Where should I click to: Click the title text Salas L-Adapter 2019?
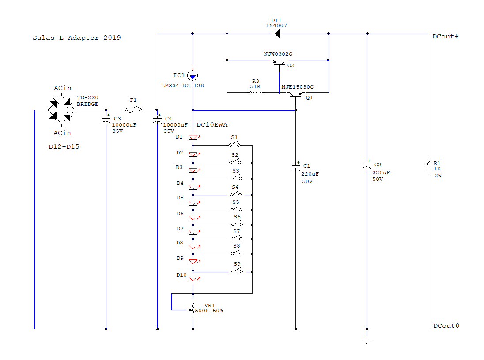(77, 37)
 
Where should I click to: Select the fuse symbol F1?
(133, 109)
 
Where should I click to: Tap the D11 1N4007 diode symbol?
(277, 34)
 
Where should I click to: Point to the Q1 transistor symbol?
(296, 96)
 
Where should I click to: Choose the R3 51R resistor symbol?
(256, 92)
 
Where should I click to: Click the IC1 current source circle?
(193, 75)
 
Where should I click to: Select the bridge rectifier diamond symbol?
(62, 110)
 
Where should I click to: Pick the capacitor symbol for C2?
(367, 165)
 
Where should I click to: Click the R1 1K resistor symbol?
(428, 166)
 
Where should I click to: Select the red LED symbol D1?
(194, 137)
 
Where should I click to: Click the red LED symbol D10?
(194, 278)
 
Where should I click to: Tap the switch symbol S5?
(236, 209)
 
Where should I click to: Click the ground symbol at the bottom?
(367, 340)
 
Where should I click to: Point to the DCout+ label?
(446, 37)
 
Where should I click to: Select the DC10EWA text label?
(212, 124)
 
